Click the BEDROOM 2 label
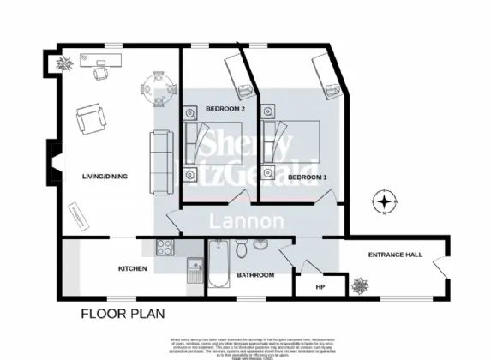click(x=225, y=109)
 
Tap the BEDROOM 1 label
click(x=307, y=177)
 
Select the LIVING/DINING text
click(x=105, y=177)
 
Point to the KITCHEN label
click(x=132, y=269)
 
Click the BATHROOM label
click(x=254, y=275)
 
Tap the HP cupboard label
click(x=320, y=286)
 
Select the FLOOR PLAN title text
click(x=123, y=314)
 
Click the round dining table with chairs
click(x=156, y=89)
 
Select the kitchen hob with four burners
click(x=165, y=248)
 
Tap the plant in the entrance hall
click(x=359, y=285)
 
